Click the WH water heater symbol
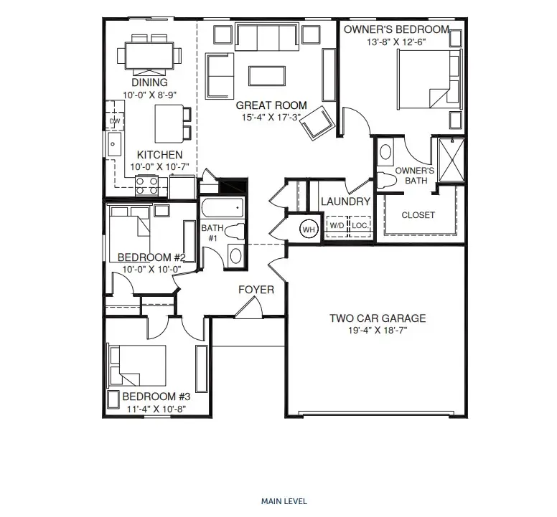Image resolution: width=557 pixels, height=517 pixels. coord(309,229)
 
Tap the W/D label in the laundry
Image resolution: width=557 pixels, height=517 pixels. coord(336,226)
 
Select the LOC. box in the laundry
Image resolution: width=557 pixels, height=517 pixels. coord(360,226)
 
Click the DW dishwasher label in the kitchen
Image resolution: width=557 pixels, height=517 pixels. coord(115,121)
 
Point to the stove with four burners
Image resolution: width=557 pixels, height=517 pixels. coord(147,185)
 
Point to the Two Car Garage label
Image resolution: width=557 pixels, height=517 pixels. coord(378,318)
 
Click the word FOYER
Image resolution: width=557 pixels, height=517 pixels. coord(256,290)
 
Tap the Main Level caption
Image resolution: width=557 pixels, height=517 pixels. coord(284,501)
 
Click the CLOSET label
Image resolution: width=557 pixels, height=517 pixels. coord(418,215)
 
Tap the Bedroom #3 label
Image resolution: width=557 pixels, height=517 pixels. coord(156,397)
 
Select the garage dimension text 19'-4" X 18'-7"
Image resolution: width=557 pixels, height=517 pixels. coord(378,331)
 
